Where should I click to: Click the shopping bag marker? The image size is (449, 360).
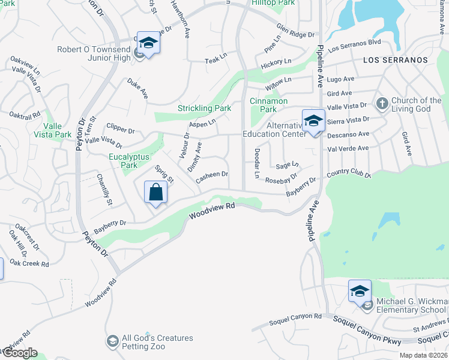click(155, 193)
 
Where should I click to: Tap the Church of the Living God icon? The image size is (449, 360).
click(381, 104)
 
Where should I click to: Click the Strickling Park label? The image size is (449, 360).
click(204, 109)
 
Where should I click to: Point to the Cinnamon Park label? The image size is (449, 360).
click(268, 105)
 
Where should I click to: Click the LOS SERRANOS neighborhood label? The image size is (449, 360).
click(395, 60)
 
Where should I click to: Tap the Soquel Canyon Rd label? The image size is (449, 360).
click(297, 316)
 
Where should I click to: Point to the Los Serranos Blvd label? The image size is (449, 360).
click(355, 46)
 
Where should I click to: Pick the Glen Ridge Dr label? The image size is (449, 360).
click(295, 30)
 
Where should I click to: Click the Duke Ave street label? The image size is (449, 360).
click(137, 88)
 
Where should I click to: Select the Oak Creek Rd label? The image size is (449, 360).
click(29, 263)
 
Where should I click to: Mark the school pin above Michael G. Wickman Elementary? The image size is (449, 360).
click(360, 292)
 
